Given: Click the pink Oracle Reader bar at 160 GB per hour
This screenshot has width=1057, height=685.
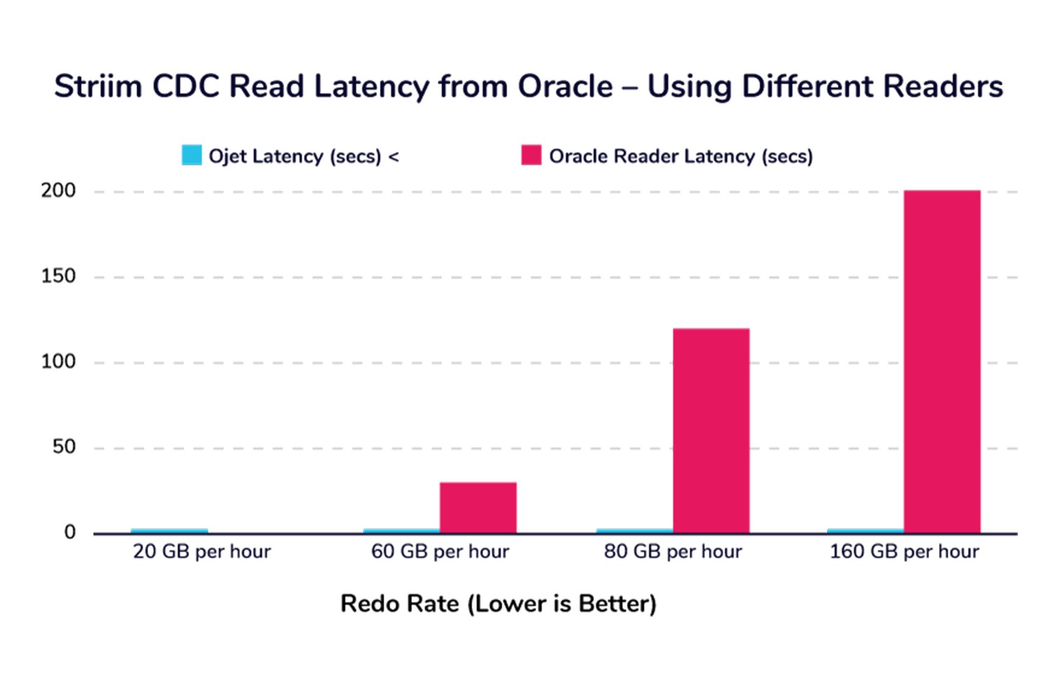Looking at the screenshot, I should (942, 362).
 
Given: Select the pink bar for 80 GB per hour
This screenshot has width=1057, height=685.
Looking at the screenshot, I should (711, 431).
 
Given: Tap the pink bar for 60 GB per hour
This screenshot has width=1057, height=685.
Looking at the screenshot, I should (478, 508).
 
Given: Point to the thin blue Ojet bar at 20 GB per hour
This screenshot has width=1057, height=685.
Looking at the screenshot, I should (169, 531).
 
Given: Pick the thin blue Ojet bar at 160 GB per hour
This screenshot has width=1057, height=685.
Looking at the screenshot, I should (865, 531).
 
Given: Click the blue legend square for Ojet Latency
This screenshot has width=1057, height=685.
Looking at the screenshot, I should (191, 155).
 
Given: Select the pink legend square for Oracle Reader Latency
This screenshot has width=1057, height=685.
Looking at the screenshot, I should (531, 155).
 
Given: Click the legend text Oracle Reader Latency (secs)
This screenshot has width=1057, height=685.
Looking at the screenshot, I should (681, 156).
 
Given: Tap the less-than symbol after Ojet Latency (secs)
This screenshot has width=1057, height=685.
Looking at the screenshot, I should (394, 157).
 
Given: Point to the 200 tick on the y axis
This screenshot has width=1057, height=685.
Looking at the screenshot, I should (58, 191).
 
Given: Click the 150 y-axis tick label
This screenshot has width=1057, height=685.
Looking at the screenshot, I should (58, 276).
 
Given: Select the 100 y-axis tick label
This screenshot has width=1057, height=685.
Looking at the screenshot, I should (58, 361).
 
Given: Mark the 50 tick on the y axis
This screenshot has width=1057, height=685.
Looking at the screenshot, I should (63, 447).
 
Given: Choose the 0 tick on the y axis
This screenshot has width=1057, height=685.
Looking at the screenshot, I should (70, 532).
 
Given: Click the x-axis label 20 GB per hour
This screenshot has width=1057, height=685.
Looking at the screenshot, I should (202, 552).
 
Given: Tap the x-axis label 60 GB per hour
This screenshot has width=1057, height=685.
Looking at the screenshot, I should (440, 552).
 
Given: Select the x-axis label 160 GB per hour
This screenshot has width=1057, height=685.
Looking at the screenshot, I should (904, 552).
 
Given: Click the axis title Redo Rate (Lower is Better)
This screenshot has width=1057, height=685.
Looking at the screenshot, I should (498, 604).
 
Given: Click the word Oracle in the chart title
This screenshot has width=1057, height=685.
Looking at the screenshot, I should (565, 86).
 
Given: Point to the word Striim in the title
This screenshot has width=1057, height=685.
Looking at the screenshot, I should (97, 86).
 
